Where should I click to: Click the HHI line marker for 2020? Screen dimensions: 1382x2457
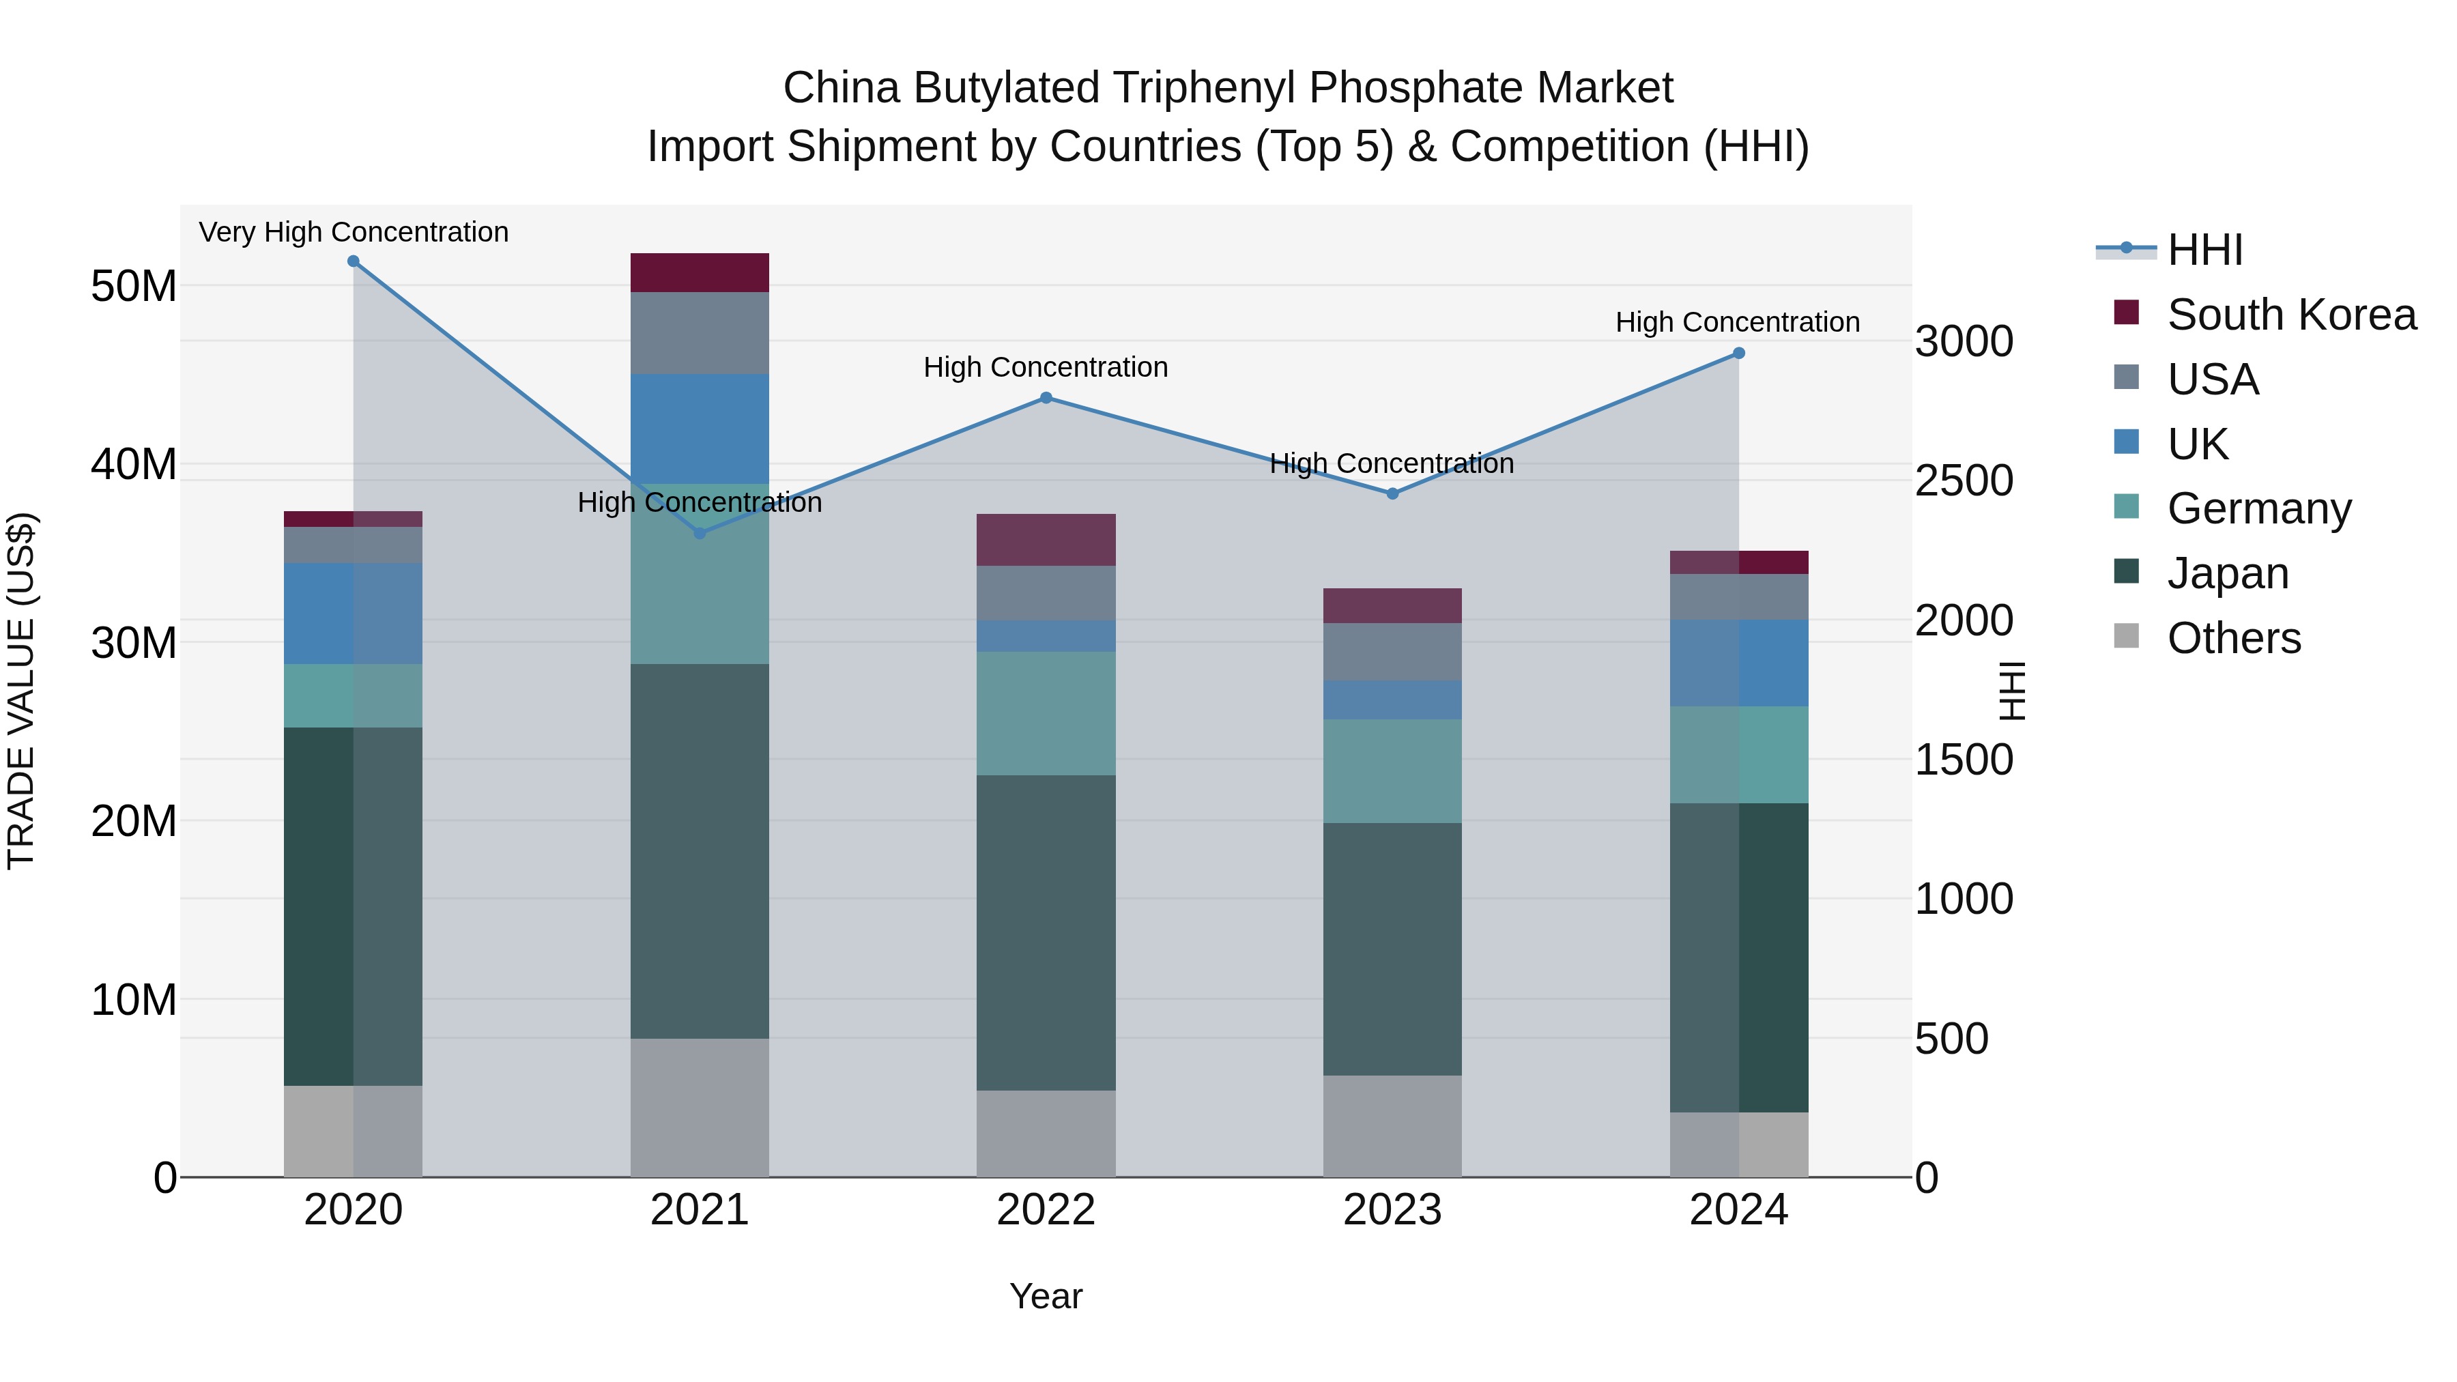point(353,261)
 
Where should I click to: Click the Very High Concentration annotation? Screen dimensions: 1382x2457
point(353,232)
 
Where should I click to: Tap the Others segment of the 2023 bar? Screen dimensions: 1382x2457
point(1392,1125)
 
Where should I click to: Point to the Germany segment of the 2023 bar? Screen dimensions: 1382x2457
point(1392,771)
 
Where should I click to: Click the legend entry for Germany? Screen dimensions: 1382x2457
point(2258,508)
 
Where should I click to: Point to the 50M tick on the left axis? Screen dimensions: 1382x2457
point(134,286)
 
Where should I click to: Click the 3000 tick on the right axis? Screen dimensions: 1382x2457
point(1964,341)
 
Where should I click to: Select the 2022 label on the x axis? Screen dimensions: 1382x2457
point(1046,1210)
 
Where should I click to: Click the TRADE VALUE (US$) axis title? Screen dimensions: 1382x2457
point(21,691)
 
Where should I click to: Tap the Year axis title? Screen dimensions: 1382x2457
point(1046,1296)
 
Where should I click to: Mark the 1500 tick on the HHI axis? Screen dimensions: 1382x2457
point(1964,760)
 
